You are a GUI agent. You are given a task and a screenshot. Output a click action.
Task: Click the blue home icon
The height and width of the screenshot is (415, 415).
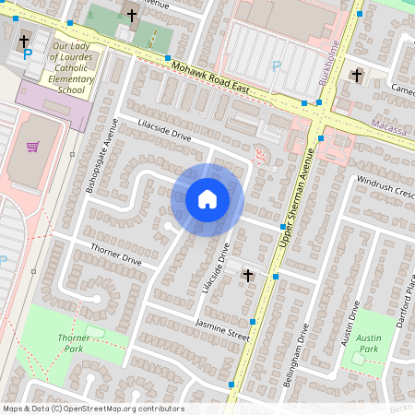207,199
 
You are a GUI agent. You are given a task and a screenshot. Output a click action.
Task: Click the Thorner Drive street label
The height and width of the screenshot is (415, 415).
115,255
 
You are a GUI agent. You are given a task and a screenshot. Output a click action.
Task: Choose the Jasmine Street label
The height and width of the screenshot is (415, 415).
222,327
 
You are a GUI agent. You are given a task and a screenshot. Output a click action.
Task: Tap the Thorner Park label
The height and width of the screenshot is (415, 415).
74,344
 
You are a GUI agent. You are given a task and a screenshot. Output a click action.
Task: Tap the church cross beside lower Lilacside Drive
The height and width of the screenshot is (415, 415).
246,275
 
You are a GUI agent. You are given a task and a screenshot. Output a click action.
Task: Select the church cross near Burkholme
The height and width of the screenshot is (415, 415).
357,75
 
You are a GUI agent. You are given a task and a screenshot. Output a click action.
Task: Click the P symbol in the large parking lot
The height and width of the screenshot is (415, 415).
277,66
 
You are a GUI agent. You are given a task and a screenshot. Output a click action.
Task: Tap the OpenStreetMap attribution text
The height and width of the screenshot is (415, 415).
93,409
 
